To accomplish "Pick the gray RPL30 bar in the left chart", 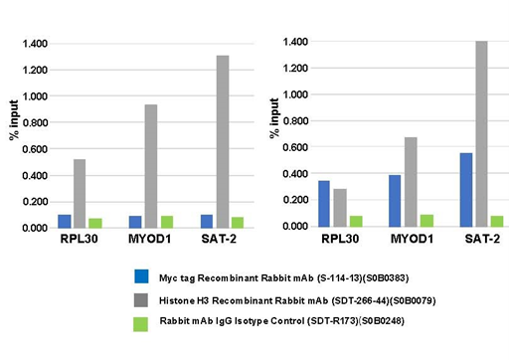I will [80, 193].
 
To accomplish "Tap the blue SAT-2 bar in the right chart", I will [466, 189].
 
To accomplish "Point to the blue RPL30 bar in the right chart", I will [324, 203].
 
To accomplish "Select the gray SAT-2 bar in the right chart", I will [481, 133].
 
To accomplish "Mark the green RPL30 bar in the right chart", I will [355, 221].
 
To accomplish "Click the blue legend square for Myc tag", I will [142, 275].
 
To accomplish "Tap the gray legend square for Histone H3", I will [142, 296].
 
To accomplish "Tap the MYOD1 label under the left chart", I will [151, 242].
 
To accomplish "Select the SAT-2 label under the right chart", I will [481, 242].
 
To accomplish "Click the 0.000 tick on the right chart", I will [296, 226].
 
